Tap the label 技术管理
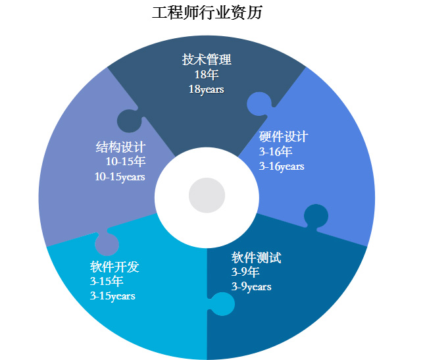pyautogui.click(x=207, y=60)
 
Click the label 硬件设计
pyautogui.click(x=284, y=137)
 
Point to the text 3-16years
pyautogui.click(x=282, y=167)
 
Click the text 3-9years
pyautogui.click(x=251, y=286)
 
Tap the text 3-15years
pyautogui.click(x=113, y=296)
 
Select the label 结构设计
pyautogui.click(x=120, y=147)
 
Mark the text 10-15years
pyautogui.click(x=120, y=176)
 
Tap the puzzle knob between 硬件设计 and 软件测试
pyautogui.click(x=316, y=217)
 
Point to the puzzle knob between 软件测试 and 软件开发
pyautogui.click(x=222, y=304)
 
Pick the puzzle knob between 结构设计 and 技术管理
pyautogui.click(x=129, y=120)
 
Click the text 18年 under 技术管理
pyautogui.click(x=206, y=74)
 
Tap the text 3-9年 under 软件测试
pyautogui.click(x=245, y=271)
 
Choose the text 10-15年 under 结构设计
pyautogui.click(x=126, y=161)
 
